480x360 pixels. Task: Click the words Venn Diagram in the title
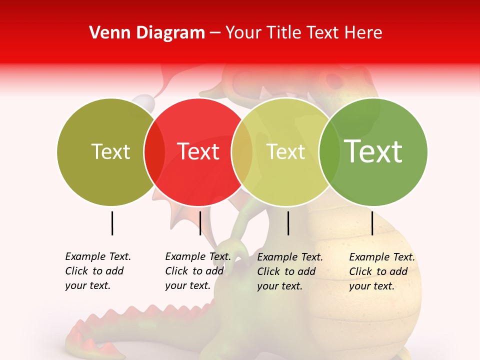point(147,33)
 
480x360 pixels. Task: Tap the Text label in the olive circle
point(110,152)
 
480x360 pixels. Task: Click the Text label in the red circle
point(198,151)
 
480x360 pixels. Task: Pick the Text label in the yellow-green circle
point(285,152)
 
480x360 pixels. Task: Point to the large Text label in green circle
point(373,151)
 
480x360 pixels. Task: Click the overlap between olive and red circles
point(154,152)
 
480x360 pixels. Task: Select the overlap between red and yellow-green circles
point(242,152)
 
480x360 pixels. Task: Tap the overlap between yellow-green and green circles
point(329,152)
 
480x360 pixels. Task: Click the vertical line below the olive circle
point(112,223)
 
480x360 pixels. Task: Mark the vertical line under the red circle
point(200,223)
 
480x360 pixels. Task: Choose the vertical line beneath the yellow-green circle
point(288,223)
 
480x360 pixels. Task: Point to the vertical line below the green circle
point(372,223)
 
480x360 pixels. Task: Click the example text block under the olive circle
point(98,271)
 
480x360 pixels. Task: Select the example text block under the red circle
point(198,271)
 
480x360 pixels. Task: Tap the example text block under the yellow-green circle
point(290,271)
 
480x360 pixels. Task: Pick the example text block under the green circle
point(382,271)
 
